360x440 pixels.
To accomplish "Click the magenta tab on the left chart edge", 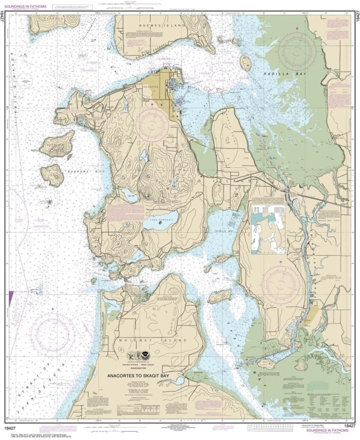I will pyautogui.click(x=10, y=300).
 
